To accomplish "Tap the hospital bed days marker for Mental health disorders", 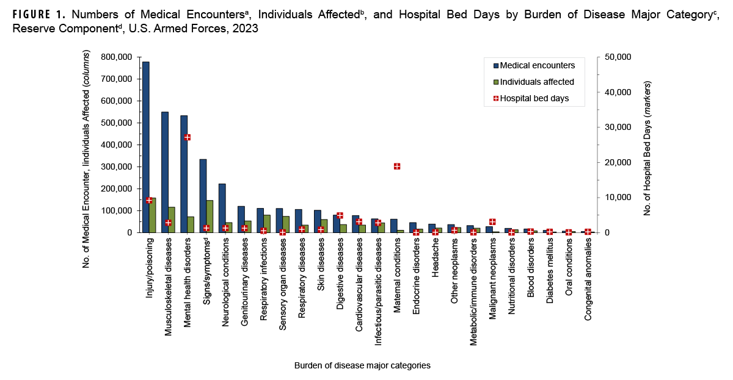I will pyautogui.click(x=187, y=137).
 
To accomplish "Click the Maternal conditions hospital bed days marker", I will pyautogui.click(x=396, y=166).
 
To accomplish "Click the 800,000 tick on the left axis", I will pyautogui.click(x=116, y=57).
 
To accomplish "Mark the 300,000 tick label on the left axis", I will pyautogui.click(x=116, y=167).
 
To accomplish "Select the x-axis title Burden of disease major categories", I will pyautogui.click(x=362, y=365).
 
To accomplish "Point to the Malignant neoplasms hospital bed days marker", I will pyautogui.click(x=492, y=221).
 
